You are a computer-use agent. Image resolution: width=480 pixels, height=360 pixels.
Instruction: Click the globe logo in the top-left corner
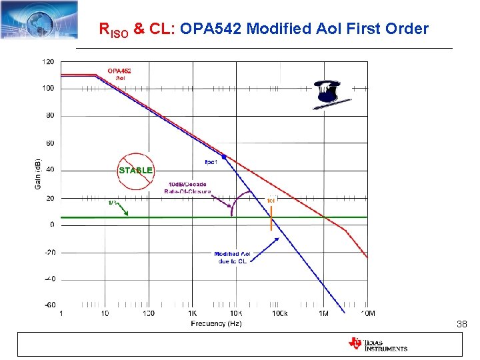point(39,19)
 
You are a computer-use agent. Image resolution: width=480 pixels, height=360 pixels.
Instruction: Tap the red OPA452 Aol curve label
point(120,74)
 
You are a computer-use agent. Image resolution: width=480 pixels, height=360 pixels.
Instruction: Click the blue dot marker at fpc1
point(224,157)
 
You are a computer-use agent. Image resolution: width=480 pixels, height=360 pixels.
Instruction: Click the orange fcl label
point(271,200)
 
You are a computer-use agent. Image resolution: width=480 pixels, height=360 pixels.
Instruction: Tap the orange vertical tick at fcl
point(271,219)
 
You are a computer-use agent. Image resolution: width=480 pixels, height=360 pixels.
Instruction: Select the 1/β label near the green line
point(114,203)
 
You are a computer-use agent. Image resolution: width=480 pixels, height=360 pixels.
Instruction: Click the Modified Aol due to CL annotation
point(232,258)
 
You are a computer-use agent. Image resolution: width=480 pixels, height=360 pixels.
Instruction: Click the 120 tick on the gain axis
point(49,61)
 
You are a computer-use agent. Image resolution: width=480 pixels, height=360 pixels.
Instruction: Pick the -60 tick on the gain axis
point(49,305)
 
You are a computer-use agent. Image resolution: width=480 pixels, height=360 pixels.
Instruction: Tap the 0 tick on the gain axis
point(52,225)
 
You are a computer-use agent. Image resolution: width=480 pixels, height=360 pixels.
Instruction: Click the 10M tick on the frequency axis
point(367,313)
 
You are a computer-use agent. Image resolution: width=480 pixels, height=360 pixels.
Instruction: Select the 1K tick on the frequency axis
point(192,313)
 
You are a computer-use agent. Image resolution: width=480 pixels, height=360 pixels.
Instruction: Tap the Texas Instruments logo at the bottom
point(377,344)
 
